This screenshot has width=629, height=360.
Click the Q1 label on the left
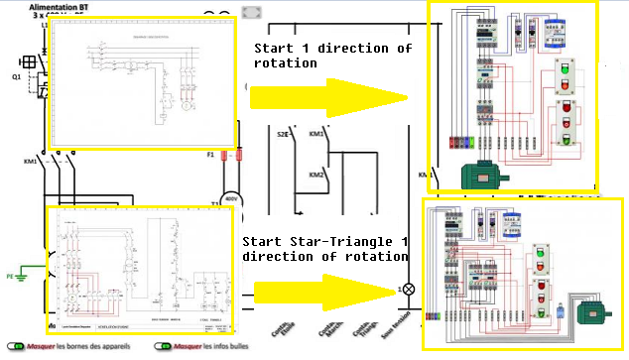coord(16,75)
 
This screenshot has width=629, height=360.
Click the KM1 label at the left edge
coord(30,161)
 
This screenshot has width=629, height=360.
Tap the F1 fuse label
coord(210,156)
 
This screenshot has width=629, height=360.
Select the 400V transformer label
coord(231,199)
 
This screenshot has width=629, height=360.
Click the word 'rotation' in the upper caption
coord(285,62)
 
